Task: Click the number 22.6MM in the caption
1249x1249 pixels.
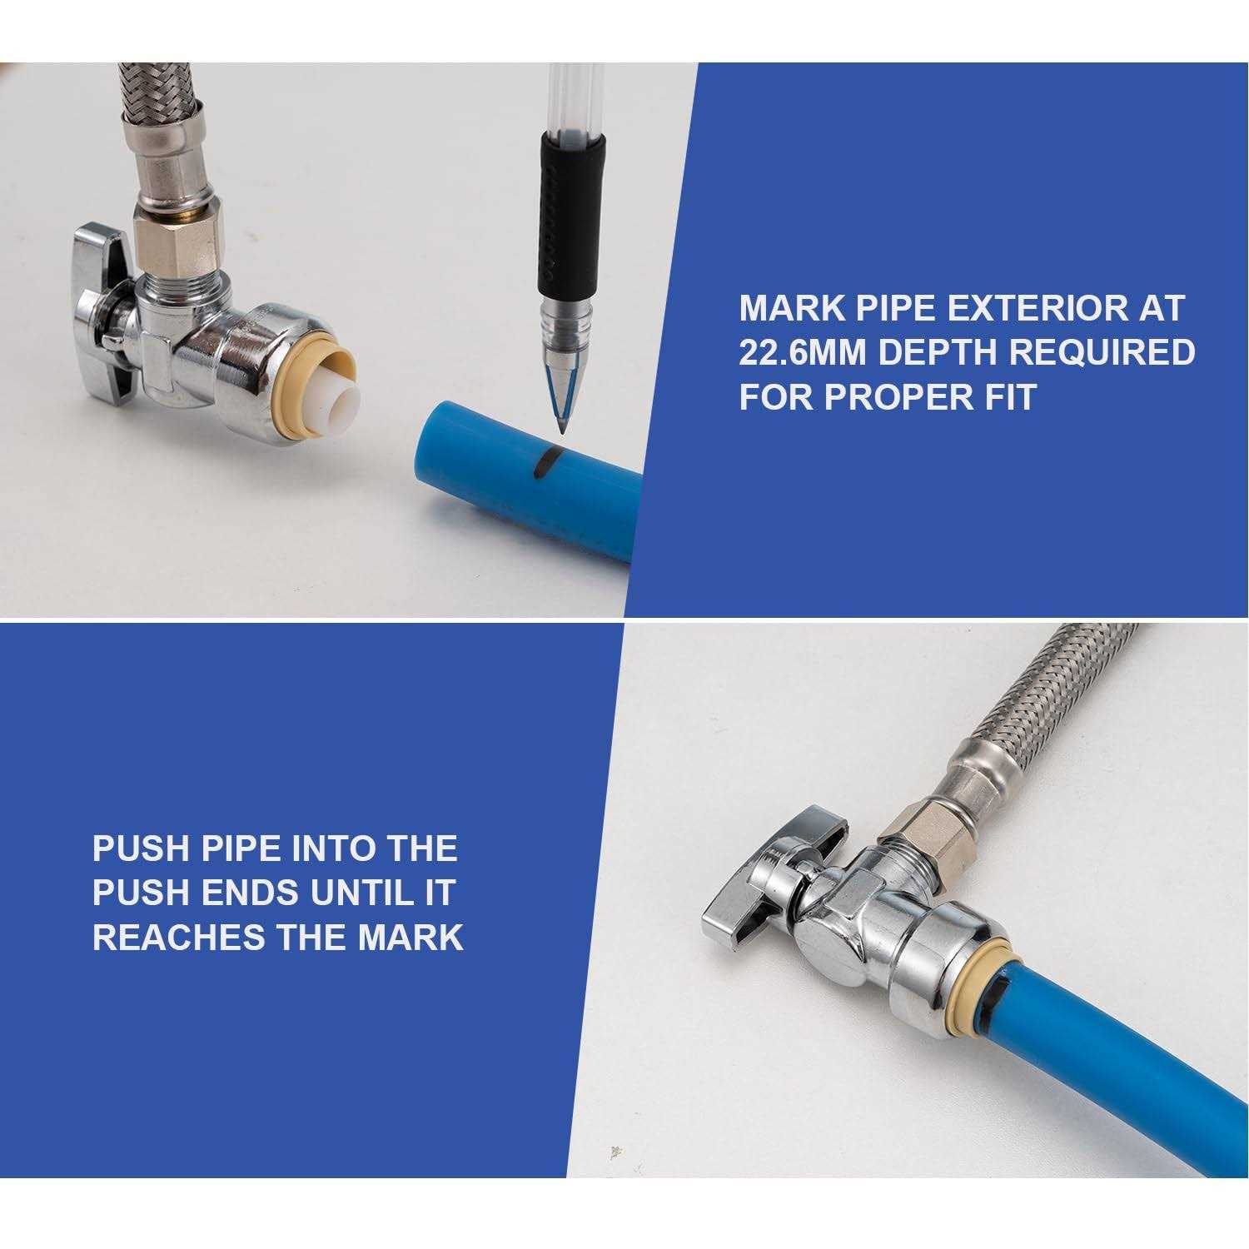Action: [803, 352]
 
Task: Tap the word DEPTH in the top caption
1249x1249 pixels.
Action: [939, 352]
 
